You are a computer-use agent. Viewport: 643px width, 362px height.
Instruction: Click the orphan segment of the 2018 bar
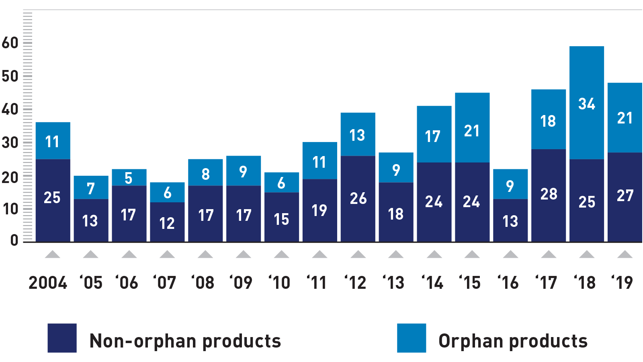coord(586,80)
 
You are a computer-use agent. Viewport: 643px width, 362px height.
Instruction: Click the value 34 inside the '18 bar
coord(586,104)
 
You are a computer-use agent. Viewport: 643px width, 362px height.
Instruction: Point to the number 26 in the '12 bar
coord(358,198)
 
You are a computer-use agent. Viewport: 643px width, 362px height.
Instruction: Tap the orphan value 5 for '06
coord(129,178)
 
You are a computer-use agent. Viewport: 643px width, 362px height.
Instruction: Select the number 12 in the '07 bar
coord(167,223)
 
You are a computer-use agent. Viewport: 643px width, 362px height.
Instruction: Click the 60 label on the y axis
coord(10,43)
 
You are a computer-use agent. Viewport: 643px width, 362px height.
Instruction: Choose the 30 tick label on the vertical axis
coord(10,142)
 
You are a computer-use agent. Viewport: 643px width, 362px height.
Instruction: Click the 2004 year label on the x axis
coord(48,283)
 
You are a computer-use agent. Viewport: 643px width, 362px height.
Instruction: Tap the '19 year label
coord(622,283)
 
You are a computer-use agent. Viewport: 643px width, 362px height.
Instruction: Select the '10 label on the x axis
coord(279,283)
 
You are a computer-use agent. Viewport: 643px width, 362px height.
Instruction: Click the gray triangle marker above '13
coord(396,254)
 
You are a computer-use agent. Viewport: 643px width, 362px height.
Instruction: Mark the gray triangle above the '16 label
coord(510,254)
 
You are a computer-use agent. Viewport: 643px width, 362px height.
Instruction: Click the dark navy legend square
coord(62,338)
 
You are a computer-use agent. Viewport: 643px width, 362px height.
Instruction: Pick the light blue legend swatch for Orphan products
coord(411,338)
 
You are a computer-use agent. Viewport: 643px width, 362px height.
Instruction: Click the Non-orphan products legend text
coord(185,341)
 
